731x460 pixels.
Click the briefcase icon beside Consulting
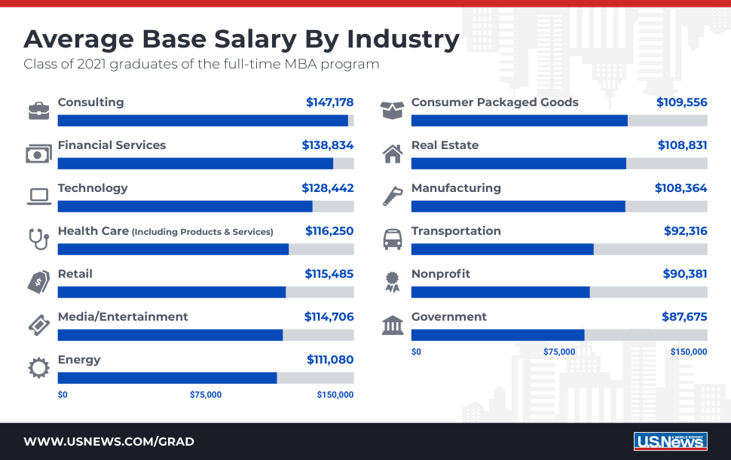coord(38,111)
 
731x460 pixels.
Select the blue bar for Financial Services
coord(195,163)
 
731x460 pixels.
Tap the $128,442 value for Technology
coord(327,188)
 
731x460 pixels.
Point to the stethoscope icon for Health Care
coord(38,239)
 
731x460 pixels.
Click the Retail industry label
coord(75,274)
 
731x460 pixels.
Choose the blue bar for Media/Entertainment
coord(170,335)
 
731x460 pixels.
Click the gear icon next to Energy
coord(38,368)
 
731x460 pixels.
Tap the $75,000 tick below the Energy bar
coord(206,395)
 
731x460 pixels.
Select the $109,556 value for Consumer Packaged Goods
coord(681,102)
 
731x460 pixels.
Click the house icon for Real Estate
coord(393,154)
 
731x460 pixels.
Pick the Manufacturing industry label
coord(456,188)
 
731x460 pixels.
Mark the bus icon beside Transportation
coord(393,239)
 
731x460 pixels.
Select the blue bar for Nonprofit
coord(500,292)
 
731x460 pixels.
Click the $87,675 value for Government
coord(684,317)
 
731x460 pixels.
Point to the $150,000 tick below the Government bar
coord(689,352)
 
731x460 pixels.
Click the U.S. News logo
coord(671,441)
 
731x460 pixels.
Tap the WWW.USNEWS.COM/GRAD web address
coord(109,441)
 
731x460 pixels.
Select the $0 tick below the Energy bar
coord(63,395)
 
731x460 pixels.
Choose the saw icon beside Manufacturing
coord(393,196)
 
